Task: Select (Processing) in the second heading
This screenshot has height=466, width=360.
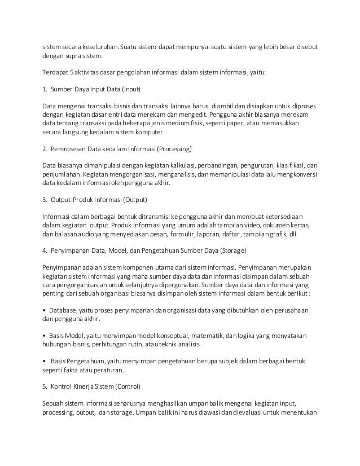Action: (174, 150)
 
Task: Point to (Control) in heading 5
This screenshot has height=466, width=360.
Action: (132, 388)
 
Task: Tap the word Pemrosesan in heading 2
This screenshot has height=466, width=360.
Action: (71, 150)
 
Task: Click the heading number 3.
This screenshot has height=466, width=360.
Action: (44, 200)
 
